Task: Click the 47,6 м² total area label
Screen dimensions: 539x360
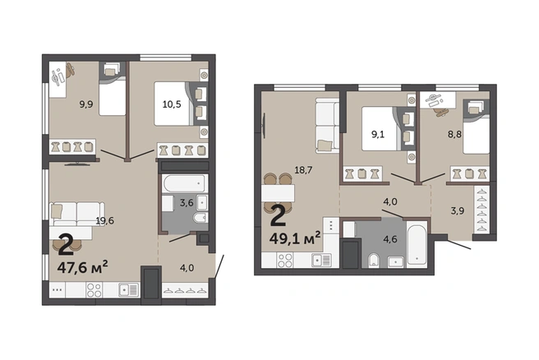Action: point(83,267)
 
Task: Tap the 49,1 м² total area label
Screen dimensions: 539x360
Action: point(295,238)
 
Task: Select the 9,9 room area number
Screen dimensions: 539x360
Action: point(86,104)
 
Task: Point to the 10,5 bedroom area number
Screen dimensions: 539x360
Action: point(172,104)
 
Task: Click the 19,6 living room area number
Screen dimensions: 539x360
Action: point(105,221)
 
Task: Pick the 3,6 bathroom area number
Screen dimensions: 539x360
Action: point(187,203)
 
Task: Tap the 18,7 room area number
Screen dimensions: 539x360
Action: point(303,169)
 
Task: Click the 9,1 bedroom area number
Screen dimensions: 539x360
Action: point(378,134)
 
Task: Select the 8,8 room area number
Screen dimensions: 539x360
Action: point(454,134)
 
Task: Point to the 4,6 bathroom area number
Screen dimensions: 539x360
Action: point(390,239)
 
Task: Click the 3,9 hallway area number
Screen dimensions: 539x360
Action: point(458,210)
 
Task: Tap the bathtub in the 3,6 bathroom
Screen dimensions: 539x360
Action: point(185,183)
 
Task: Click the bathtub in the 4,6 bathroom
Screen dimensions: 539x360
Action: point(417,244)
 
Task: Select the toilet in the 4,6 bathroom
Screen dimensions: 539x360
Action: point(373,261)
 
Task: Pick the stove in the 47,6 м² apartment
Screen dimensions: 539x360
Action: point(94,290)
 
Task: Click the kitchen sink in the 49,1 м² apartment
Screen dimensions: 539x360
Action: point(321,261)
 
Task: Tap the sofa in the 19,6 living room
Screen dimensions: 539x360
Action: point(77,214)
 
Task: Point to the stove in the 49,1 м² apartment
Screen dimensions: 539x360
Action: point(285,261)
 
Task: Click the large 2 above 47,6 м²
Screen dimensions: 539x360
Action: point(66,244)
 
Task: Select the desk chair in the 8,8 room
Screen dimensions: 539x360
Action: point(440,112)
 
